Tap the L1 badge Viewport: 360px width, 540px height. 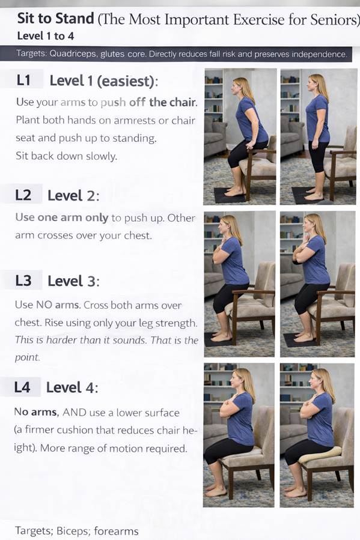pyautogui.click(x=23, y=80)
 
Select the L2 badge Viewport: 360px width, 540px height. pyautogui.click(x=23, y=195)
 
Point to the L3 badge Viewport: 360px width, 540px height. pyautogui.click(x=23, y=281)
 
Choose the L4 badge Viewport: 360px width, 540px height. pyautogui.click(x=22, y=387)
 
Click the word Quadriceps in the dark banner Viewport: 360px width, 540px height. pyautogui.click(x=73, y=53)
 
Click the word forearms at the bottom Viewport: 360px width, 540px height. pyautogui.click(x=116, y=531)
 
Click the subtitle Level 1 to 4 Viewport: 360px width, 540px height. pyautogui.click(x=46, y=36)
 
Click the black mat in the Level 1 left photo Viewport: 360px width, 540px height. pyautogui.click(x=230, y=195)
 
